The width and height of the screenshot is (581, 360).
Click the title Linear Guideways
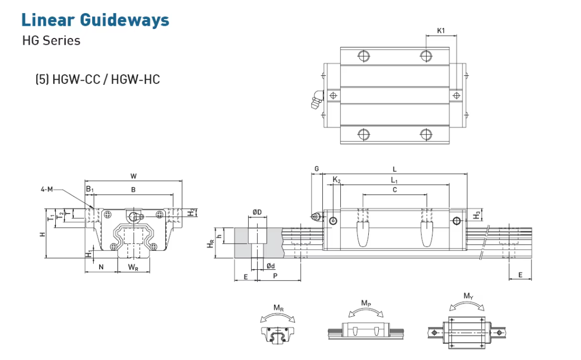point(95,20)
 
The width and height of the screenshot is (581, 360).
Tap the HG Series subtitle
point(51,41)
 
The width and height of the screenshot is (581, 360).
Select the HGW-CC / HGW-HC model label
point(97,80)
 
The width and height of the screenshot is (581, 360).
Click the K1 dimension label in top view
point(441,31)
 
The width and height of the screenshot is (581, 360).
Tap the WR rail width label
point(133,267)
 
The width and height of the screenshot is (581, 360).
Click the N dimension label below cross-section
point(101,267)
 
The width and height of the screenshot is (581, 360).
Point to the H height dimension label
point(42,233)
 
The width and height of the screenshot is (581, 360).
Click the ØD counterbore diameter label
point(257,212)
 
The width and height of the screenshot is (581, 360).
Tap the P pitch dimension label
point(275,276)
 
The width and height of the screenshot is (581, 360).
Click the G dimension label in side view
point(316,169)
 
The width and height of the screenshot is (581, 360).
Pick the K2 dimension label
point(337,181)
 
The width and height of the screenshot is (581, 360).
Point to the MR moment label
point(278,307)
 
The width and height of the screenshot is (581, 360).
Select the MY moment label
point(468,296)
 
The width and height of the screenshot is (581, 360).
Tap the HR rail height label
point(211,243)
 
